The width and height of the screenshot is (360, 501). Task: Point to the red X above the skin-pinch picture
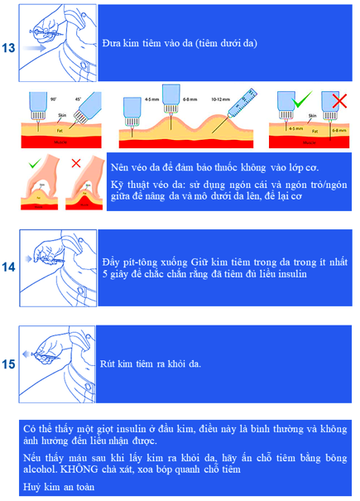click(75, 164)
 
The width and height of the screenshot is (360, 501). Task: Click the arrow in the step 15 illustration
click(31, 357)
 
